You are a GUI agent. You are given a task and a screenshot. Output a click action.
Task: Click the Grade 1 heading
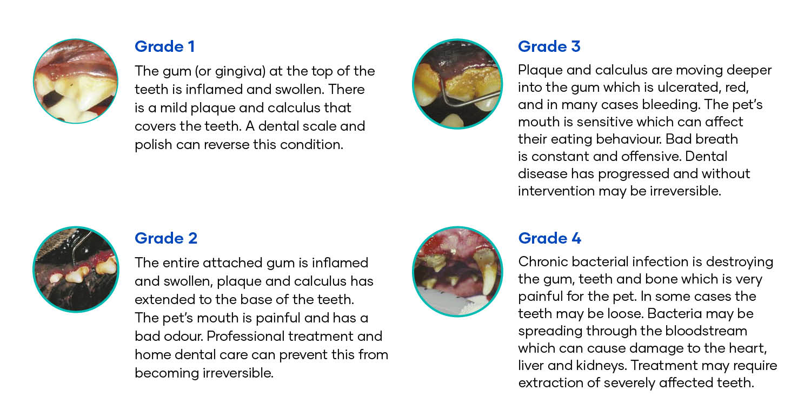coord(165,46)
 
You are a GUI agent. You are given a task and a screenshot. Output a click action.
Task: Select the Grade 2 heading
coord(166,238)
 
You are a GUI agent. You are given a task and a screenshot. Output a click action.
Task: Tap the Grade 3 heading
coord(549,46)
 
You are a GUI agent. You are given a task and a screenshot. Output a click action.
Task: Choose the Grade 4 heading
coord(549,238)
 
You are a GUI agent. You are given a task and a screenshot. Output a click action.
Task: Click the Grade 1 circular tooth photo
coord(75,81)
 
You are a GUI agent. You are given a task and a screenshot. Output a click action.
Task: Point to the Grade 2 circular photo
coord(76,269)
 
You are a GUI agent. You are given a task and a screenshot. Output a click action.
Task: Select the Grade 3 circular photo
coord(457,84)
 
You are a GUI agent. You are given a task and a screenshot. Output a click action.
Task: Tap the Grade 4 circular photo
coord(457,271)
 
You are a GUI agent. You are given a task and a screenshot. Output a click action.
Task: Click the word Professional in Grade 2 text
coord(245,336)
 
